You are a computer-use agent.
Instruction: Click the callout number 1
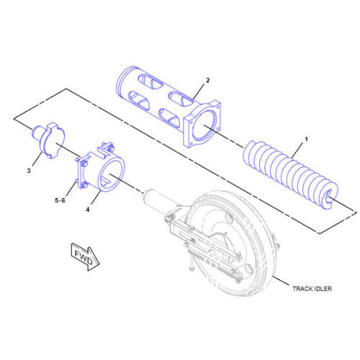click(x=306, y=137)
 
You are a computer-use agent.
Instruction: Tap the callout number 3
click(x=29, y=171)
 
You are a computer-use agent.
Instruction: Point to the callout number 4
click(x=88, y=210)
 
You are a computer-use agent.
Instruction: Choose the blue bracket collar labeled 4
click(x=101, y=173)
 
